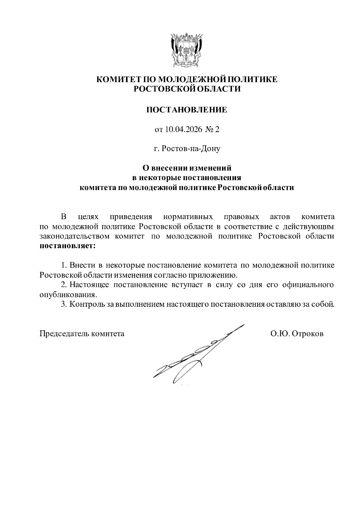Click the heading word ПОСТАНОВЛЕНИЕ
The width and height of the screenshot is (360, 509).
click(187, 110)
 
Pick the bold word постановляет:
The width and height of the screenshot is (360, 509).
click(68, 246)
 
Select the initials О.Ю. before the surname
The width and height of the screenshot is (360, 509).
click(280, 334)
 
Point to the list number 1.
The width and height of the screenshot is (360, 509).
click(63, 265)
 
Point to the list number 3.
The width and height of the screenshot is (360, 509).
click(63, 304)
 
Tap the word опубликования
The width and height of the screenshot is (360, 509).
click(68, 295)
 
